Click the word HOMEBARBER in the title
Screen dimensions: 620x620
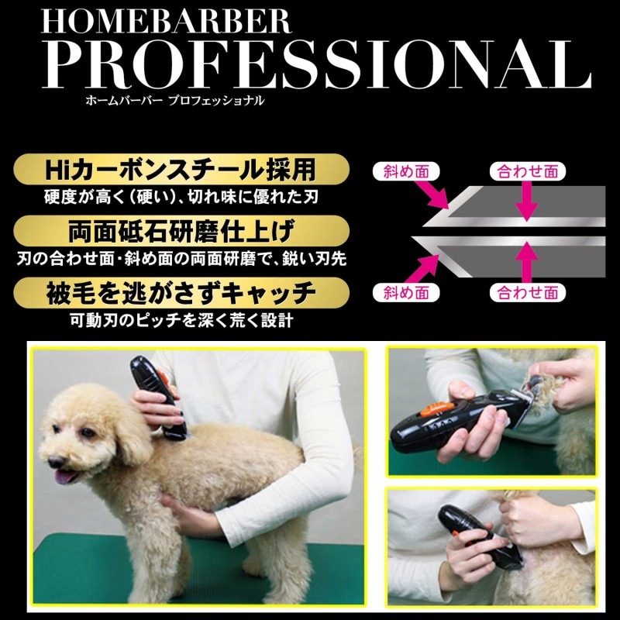click(167, 22)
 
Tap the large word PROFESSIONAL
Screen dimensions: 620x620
click(316, 64)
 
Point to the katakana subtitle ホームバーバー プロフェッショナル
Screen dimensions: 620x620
click(175, 101)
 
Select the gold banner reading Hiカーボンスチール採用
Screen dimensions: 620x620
click(181, 169)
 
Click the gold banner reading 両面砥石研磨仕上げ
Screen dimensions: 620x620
click(181, 231)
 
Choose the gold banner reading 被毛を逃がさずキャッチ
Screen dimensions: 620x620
click(181, 293)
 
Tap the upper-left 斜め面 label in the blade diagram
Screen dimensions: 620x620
click(406, 171)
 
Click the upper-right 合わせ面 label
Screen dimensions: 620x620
click(528, 171)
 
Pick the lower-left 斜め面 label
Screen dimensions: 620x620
click(406, 293)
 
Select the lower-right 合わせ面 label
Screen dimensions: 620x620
click(528, 293)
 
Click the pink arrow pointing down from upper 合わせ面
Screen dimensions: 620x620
click(527, 201)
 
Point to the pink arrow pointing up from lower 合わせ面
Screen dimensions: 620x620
click(527, 262)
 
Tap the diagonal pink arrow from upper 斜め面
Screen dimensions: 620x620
click(432, 195)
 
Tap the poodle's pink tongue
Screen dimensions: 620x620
click(64, 477)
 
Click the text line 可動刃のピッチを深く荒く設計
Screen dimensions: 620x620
click(181, 320)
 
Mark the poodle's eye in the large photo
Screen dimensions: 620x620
click(86, 432)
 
